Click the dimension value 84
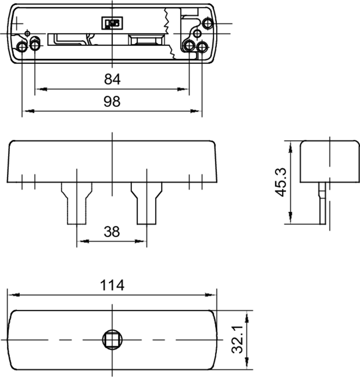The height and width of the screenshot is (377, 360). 112,79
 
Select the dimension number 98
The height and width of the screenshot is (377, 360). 112,101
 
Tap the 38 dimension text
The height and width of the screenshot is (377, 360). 112,231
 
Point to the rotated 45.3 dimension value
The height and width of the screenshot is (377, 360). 281,182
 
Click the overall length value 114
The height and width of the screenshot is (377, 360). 112,285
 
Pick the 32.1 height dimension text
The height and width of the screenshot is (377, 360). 237,340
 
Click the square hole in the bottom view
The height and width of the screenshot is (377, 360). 112,339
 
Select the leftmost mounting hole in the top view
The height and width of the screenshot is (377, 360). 22,47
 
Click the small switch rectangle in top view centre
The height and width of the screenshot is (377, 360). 113,23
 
